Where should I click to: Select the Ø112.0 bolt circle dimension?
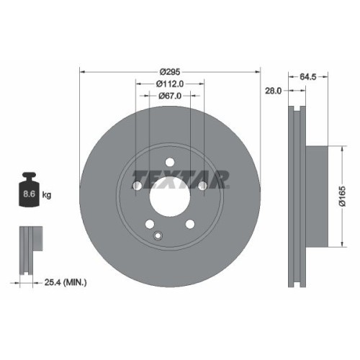click(170, 84)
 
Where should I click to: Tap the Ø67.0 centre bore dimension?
click(170, 96)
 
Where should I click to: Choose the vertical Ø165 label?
click(343, 196)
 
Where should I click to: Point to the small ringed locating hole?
click(158, 235)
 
